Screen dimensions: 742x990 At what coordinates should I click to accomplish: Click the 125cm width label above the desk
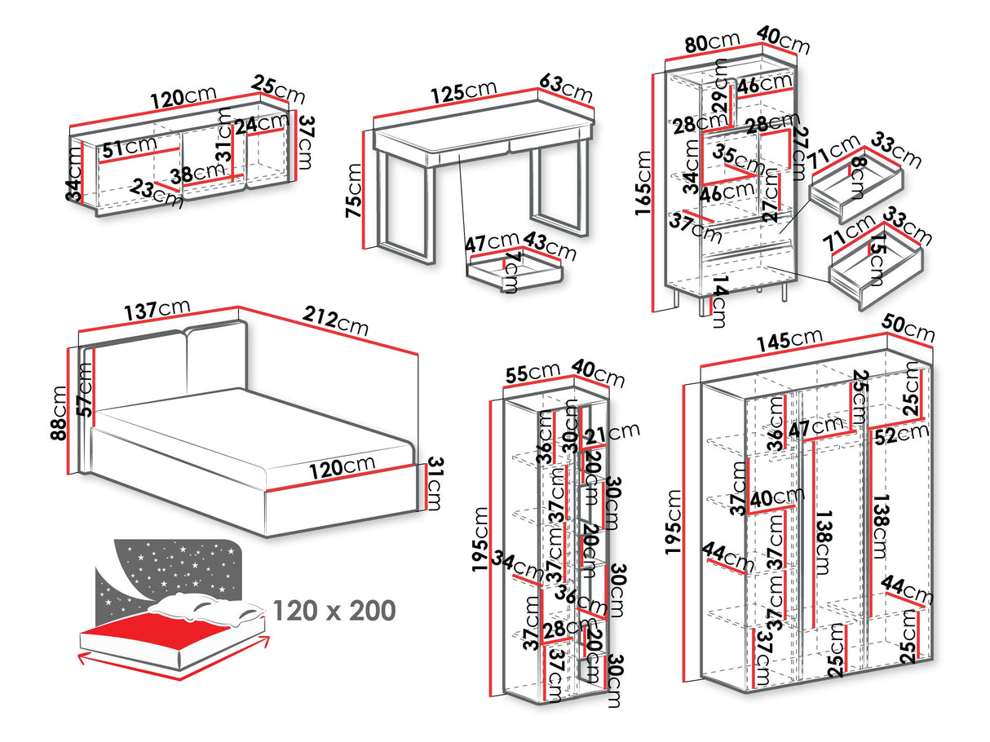(464, 91)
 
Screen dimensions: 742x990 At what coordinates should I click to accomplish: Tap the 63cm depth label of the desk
(566, 88)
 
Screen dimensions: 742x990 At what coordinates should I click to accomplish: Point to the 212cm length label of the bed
(335, 320)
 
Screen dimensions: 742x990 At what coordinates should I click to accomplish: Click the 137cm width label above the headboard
(157, 311)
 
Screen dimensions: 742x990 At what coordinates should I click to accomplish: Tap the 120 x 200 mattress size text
(334, 609)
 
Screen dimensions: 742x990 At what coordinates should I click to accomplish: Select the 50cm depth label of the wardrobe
(908, 330)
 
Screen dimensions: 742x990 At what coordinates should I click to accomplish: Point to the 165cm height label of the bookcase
(645, 188)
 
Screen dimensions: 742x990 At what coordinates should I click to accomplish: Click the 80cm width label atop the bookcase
(712, 42)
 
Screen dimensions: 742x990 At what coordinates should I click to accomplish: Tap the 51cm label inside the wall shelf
(129, 147)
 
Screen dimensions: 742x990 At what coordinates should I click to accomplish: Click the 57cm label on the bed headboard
(84, 390)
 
